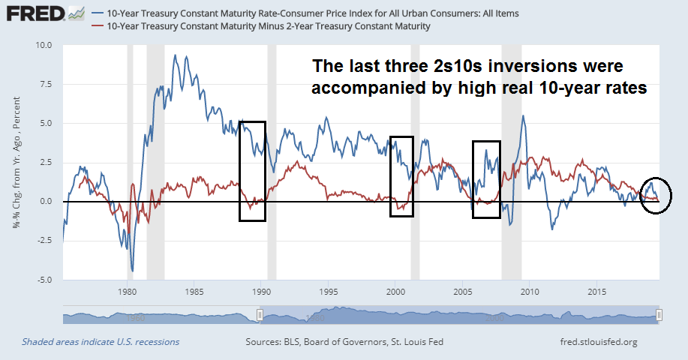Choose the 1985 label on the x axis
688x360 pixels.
194,291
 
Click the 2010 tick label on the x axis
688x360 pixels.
530,291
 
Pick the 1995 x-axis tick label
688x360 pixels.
328,291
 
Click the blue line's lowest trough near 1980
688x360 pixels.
132,271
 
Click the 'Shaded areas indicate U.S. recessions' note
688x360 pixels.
101,342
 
